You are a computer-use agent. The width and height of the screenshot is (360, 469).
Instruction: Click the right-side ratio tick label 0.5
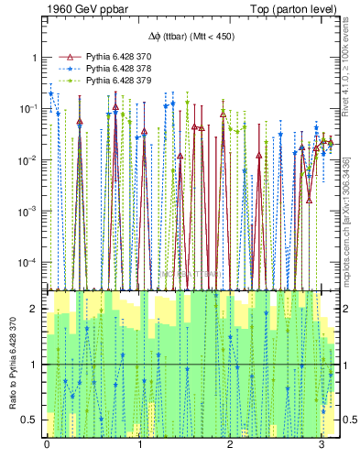pos(347,420)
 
